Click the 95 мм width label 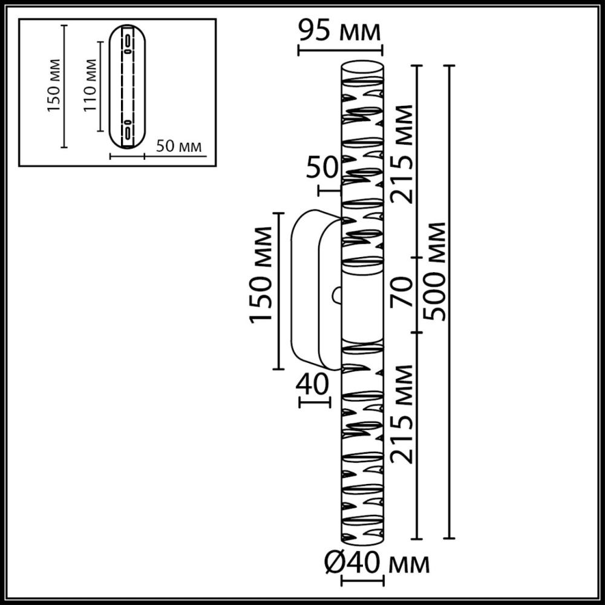point(339,30)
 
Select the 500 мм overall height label point(436,271)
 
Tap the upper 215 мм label point(402,154)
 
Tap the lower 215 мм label point(402,414)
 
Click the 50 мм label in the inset point(178,146)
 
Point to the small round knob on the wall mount point(336,295)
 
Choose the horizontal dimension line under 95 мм point(341,50)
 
